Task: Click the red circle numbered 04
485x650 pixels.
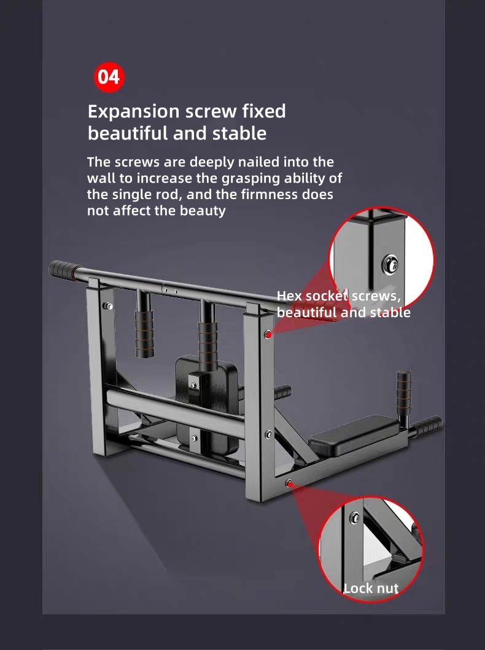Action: pyautogui.click(x=109, y=77)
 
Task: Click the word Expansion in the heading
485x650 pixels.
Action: pyautogui.click(x=133, y=112)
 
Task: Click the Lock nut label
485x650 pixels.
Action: pyautogui.click(x=371, y=588)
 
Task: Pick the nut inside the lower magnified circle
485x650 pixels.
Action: pyautogui.click(x=355, y=517)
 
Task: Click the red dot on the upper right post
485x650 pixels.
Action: pyautogui.click(x=268, y=334)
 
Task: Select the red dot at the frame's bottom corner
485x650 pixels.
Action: pyautogui.click(x=290, y=484)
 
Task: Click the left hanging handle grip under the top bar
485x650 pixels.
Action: pyautogui.click(x=144, y=333)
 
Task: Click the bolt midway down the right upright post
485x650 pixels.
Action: pyautogui.click(x=268, y=434)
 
